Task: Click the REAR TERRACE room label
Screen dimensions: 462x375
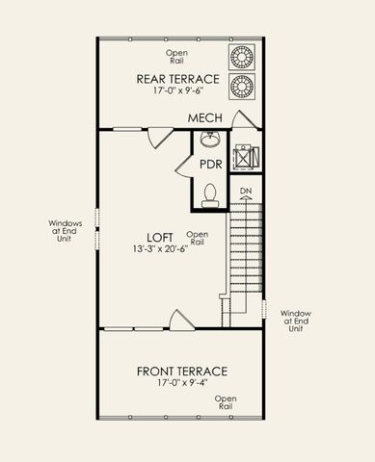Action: [177, 79]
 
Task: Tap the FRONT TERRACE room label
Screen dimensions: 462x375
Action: [181, 371]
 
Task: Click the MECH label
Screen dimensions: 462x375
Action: [205, 117]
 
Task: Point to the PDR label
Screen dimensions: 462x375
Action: [211, 164]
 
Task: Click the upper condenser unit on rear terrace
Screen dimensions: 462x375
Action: [241, 55]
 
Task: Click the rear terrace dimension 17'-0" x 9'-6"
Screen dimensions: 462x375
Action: [178, 92]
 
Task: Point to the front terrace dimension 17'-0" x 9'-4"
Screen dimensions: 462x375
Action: [181, 383]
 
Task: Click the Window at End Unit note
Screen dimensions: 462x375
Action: [296, 321]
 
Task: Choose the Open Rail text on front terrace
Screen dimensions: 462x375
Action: [225, 402]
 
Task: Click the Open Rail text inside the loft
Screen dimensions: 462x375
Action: [197, 238]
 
